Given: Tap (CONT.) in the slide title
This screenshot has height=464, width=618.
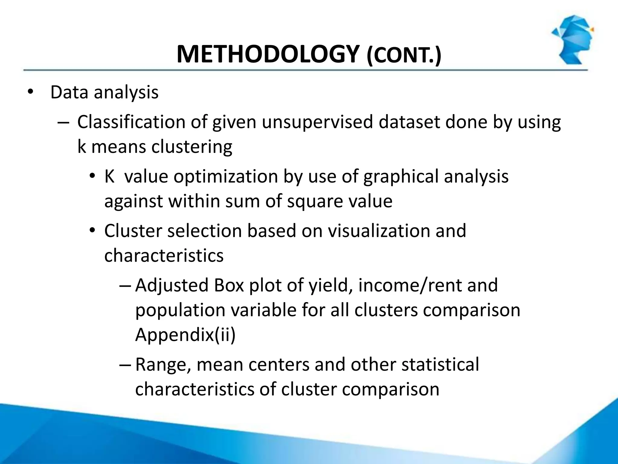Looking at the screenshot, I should point(403,56).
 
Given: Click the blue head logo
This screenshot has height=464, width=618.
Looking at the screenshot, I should point(572,39).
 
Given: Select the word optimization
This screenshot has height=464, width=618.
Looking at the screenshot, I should point(225,176).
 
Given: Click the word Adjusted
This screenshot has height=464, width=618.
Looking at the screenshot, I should point(172,285).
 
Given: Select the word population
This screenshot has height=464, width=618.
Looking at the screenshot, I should point(180,310).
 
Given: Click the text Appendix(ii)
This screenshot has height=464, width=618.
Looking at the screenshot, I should point(185,335).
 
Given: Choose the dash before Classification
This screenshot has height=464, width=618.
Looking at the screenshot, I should point(63,123).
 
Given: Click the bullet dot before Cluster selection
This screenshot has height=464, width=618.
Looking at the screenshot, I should point(92,231).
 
